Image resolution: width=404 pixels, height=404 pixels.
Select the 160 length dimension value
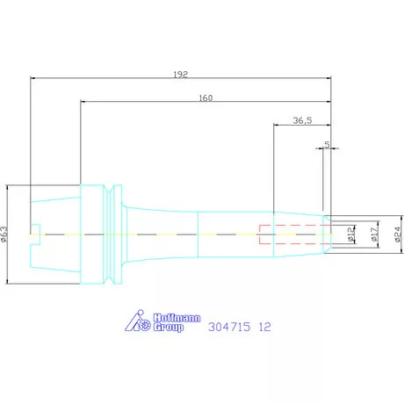[x=206, y=97]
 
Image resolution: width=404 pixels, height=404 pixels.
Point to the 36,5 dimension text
[x=301, y=120]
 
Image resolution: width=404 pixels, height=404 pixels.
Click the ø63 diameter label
[x=4, y=234]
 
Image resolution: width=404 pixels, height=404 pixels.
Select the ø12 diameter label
[x=350, y=234]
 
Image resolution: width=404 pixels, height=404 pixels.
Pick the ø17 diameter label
[x=374, y=234]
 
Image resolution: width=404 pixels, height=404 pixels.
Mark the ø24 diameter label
[x=397, y=234]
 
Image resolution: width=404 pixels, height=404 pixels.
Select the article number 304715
[x=230, y=327]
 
